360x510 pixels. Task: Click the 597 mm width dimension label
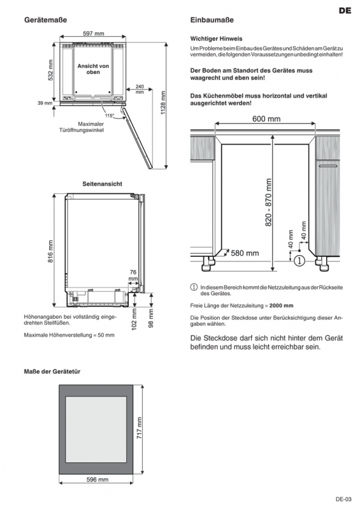[93, 33]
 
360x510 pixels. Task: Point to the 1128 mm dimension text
[163, 103]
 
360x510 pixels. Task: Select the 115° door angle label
[110, 115]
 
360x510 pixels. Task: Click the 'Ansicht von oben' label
[93, 69]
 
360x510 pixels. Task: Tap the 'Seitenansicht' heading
[102, 184]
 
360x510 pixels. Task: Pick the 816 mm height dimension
[51, 252]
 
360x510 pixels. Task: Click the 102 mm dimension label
[134, 319]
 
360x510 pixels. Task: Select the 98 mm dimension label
[151, 318]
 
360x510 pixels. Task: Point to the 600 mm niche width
[266, 119]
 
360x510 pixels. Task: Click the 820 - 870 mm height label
[268, 202]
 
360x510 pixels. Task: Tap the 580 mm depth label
[245, 253]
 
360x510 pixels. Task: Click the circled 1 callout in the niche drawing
[299, 261]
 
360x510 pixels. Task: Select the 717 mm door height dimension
[139, 428]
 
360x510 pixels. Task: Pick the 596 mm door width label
[97, 479]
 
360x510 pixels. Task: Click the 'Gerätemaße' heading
[45, 20]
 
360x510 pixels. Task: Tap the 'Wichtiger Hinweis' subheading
[216, 39]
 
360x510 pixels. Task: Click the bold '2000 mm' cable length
[281, 305]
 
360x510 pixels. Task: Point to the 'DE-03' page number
[343, 499]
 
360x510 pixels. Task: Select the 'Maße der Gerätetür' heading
[52, 372]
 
